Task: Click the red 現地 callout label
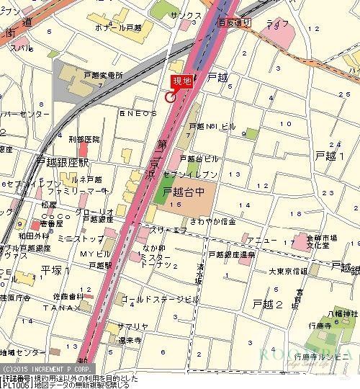[181, 81]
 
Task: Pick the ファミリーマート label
[77, 192]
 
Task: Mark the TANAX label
[66, 308]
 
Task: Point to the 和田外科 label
[34, 235]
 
